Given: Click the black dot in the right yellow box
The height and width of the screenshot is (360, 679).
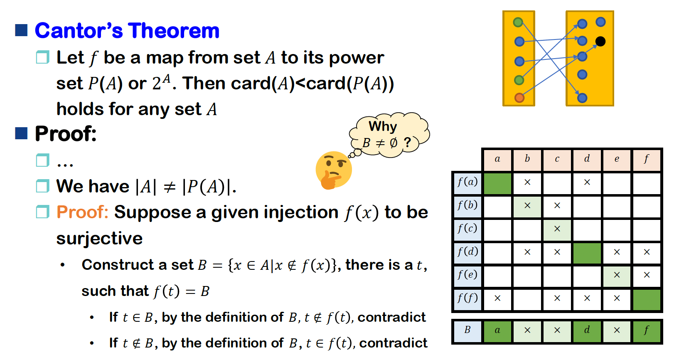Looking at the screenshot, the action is [x=600, y=41].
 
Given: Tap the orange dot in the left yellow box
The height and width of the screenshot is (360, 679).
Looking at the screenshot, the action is [x=519, y=98].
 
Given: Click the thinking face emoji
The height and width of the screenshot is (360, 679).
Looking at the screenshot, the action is [x=333, y=170].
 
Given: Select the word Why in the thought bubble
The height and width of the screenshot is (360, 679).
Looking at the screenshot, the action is [x=383, y=126].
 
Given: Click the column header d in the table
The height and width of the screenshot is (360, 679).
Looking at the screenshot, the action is [x=587, y=159].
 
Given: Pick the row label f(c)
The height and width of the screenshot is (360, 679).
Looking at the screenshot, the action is [x=467, y=228].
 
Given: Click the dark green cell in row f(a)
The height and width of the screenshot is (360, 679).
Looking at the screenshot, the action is [x=497, y=183].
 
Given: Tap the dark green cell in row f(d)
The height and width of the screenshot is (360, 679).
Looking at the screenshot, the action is [x=587, y=253].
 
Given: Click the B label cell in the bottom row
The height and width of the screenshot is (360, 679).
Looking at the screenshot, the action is [x=467, y=330].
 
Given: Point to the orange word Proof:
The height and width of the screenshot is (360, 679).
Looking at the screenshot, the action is [x=82, y=212].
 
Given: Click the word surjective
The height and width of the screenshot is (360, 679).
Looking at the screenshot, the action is [x=99, y=238].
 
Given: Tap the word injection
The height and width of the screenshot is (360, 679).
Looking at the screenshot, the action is [x=275, y=212].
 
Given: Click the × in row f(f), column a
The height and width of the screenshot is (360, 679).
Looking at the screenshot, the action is [x=497, y=298].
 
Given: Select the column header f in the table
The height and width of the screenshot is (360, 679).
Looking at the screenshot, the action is [x=647, y=159].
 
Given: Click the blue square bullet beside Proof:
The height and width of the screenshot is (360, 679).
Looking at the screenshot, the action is [x=21, y=133].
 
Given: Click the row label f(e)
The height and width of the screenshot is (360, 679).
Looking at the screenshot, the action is [x=467, y=275].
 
